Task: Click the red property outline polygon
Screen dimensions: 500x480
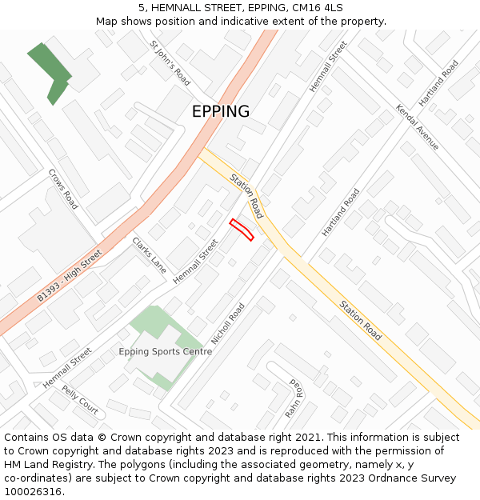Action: point(242,230)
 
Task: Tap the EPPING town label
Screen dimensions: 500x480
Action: point(221,112)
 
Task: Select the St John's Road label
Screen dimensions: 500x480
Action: point(170,64)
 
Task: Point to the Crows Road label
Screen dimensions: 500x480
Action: point(63,189)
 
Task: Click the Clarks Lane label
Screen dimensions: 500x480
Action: point(149,255)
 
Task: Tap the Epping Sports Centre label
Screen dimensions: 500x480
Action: point(166,352)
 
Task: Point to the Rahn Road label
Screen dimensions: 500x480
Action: point(294,399)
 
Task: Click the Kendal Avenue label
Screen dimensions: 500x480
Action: point(418,126)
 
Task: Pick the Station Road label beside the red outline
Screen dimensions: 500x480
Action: point(246,196)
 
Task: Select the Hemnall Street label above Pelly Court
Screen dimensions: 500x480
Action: point(67,368)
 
